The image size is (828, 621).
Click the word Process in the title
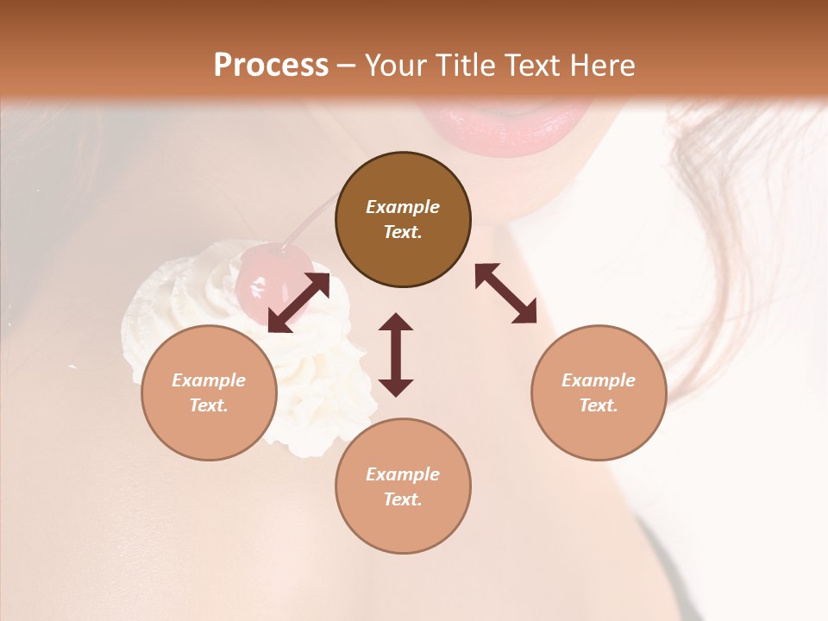click(271, 66)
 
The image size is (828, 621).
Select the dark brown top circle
click(403, 220)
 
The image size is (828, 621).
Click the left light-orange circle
click(209, 392)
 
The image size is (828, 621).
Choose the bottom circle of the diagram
click(403, 486)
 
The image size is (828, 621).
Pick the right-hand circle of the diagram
click(599, 392)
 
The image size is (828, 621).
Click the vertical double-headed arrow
click(396, 355)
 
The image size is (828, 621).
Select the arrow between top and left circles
click(298, 303)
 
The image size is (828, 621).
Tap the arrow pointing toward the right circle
click(506, 293)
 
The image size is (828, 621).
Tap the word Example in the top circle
click(403, 207)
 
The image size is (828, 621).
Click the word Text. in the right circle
click(599, 405)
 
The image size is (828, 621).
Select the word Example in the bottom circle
click(403, 474)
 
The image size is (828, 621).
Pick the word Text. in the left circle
click(209, 405)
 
